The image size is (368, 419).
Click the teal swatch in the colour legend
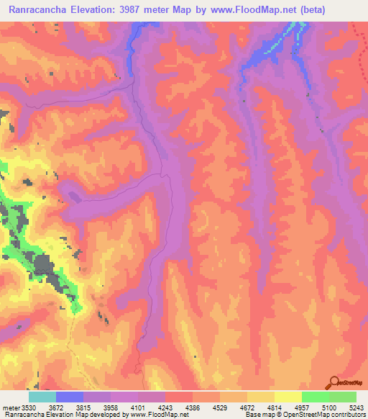click(42, 397)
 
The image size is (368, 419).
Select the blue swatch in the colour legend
click(69, 397)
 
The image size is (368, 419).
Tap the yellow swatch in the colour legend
click(287, 397)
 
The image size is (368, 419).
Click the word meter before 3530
click(11, 406)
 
